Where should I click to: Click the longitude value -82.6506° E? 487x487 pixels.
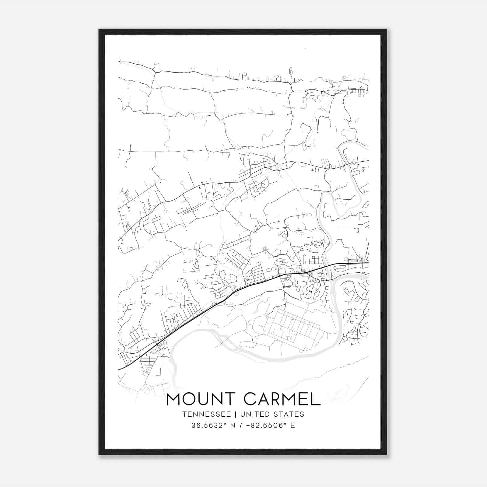pyautogui.click(x=269, y=426)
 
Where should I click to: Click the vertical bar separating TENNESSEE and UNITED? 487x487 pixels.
pyautogui.click(x=237, y=414)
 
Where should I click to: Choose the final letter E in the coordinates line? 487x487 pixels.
pyautogui.click(x=293, y=426)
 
